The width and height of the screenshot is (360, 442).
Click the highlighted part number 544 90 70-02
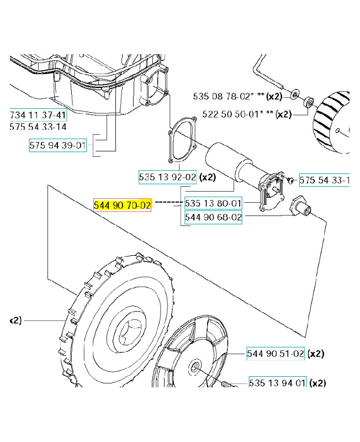click(122, 205)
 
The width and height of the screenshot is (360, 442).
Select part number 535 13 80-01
click(213, 203)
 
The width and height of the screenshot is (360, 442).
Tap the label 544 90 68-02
click(213, 218)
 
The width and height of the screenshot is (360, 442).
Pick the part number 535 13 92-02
click(167, 177)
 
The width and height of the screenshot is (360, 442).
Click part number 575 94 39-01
click(58, 146)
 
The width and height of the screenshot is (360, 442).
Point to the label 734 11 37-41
click(38, 115)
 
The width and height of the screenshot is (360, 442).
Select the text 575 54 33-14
click(38, 127)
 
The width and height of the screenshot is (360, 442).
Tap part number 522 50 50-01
click(231, 114)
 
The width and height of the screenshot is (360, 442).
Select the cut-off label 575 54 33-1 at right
click(324, 180)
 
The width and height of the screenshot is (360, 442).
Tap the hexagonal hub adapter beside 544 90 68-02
click(302, 208)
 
